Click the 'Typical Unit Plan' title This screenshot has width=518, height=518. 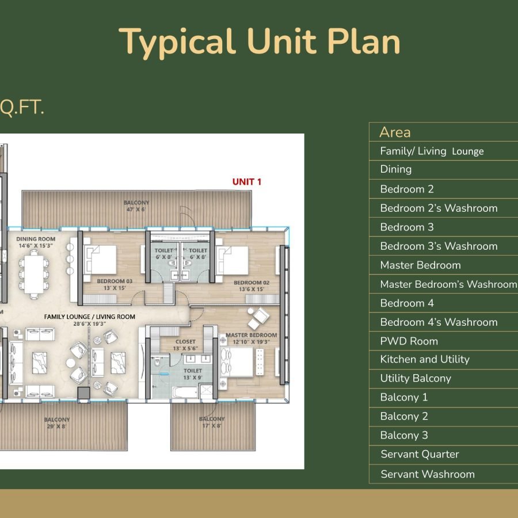260,41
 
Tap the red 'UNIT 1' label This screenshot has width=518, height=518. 247,181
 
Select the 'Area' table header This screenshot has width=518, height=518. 395,132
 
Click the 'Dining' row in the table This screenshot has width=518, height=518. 396,169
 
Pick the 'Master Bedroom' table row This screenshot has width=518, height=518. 420,265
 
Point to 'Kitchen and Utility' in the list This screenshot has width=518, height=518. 425,359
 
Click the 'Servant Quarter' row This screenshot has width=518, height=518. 420,454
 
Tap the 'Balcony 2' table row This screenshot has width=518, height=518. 404,416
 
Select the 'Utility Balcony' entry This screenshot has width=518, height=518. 416,378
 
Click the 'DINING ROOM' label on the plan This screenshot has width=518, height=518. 36,242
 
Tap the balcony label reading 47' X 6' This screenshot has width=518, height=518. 136,206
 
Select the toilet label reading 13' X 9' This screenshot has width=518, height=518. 193,374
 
